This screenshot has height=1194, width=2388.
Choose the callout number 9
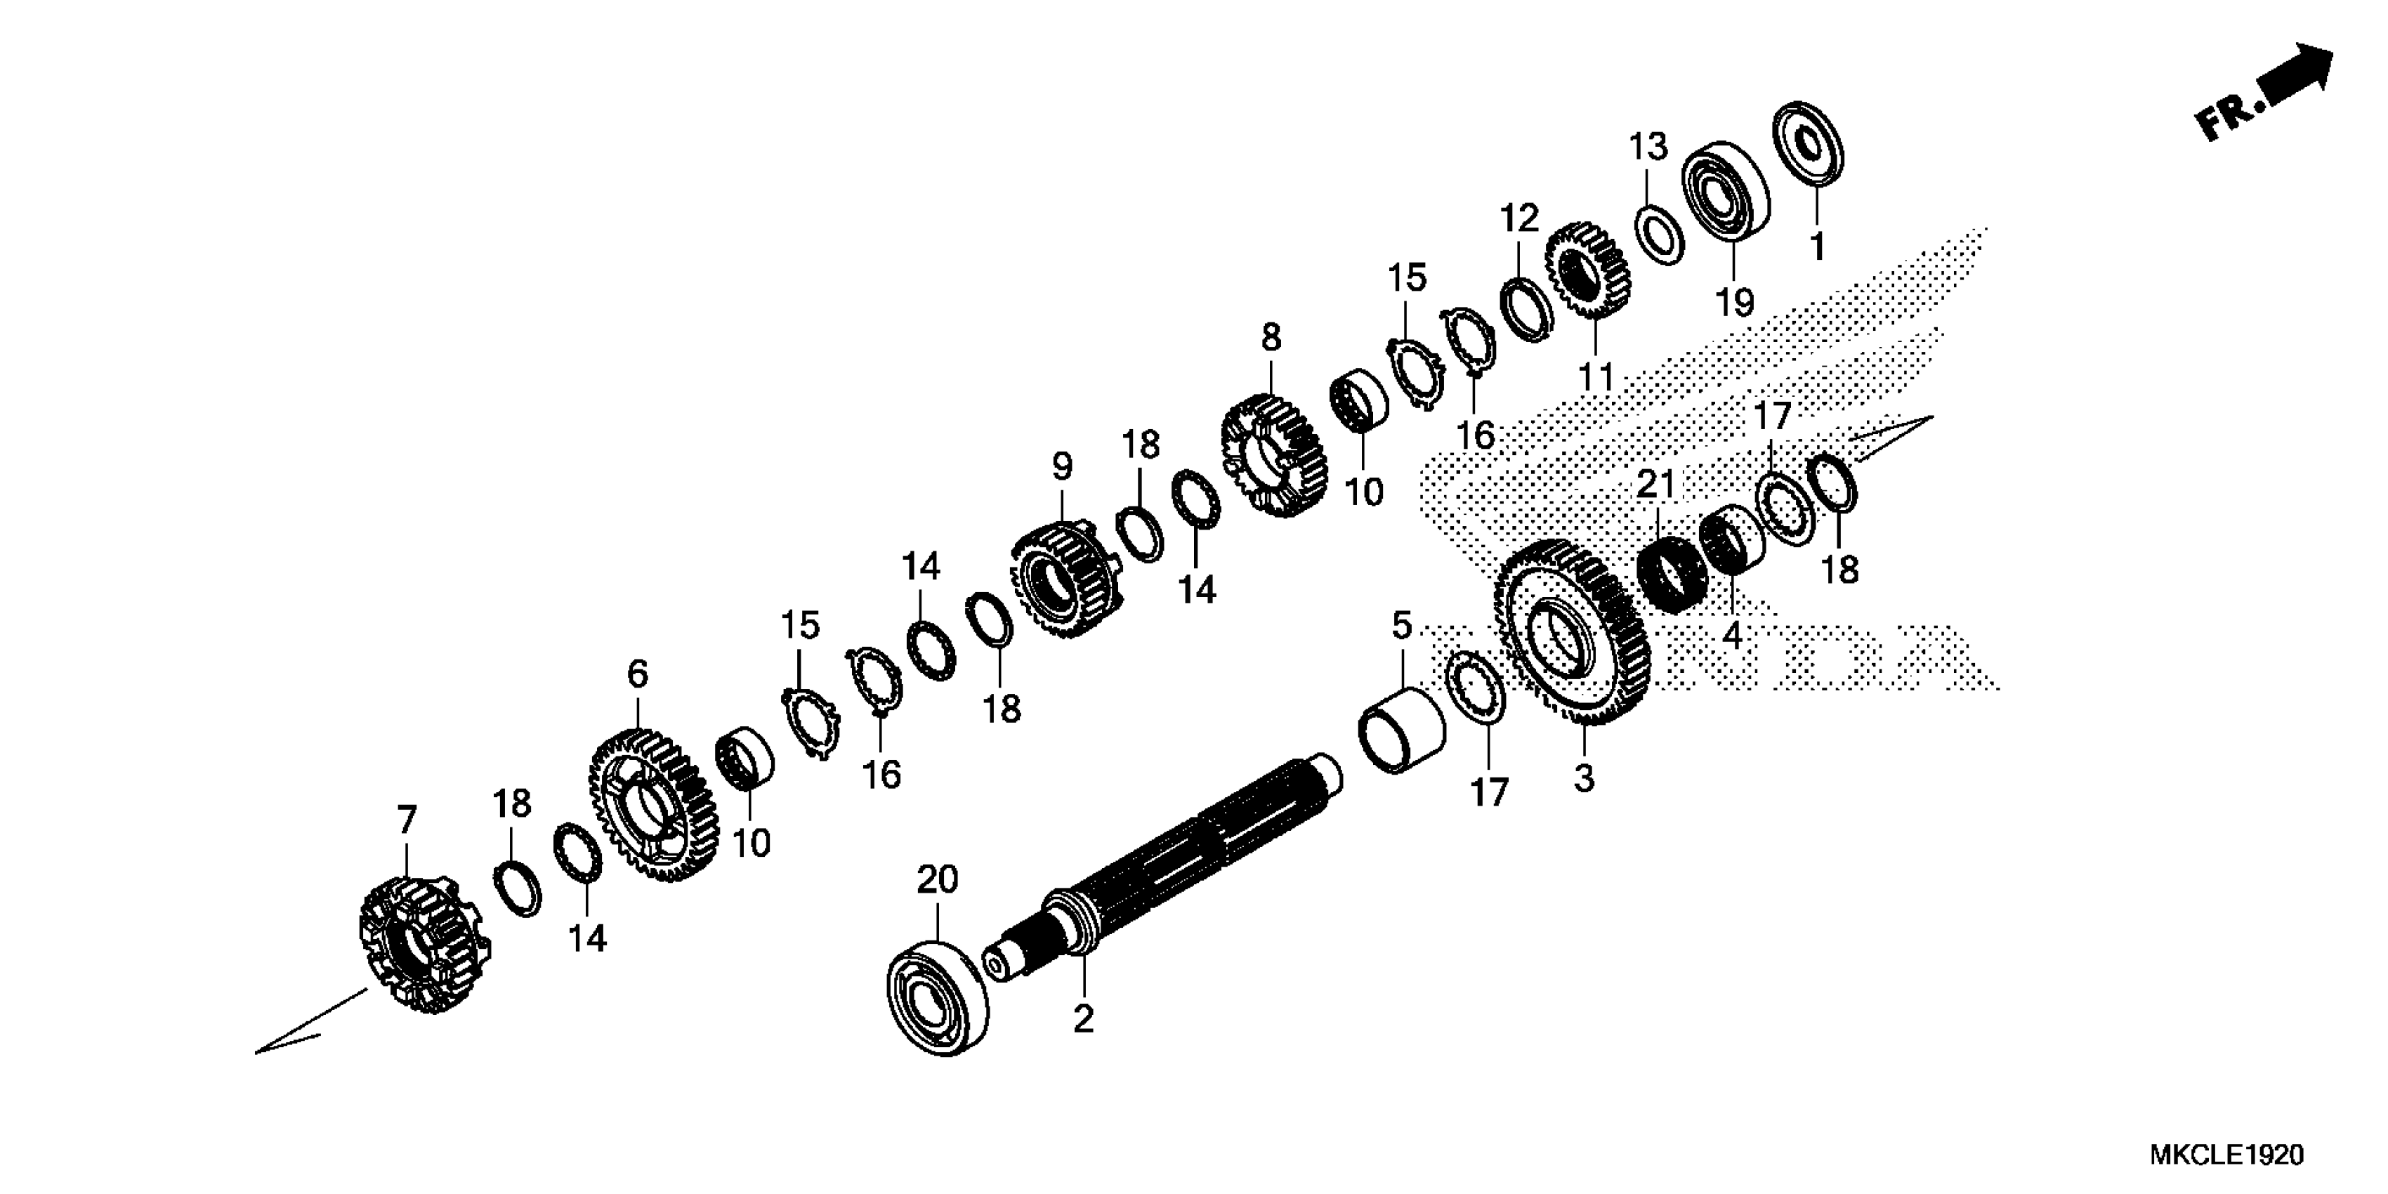1063,466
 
